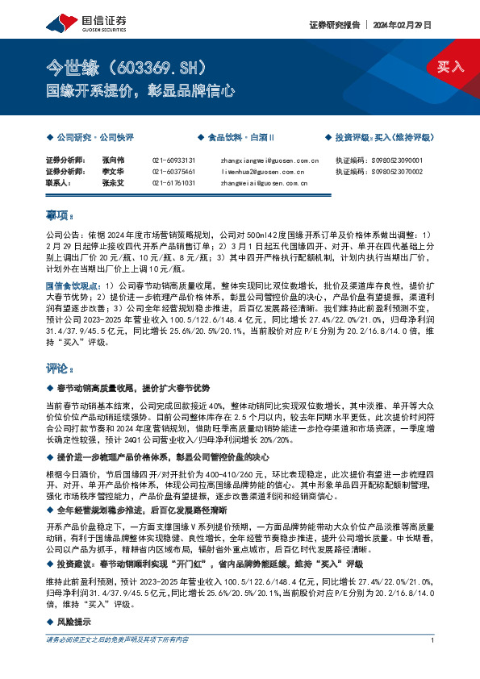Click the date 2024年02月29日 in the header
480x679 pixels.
[406, 24]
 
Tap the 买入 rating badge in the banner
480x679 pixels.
[451, 67]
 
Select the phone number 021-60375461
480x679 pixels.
[173, 172]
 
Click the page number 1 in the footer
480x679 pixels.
[433, 663]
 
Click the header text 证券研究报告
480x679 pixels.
[332, 24]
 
